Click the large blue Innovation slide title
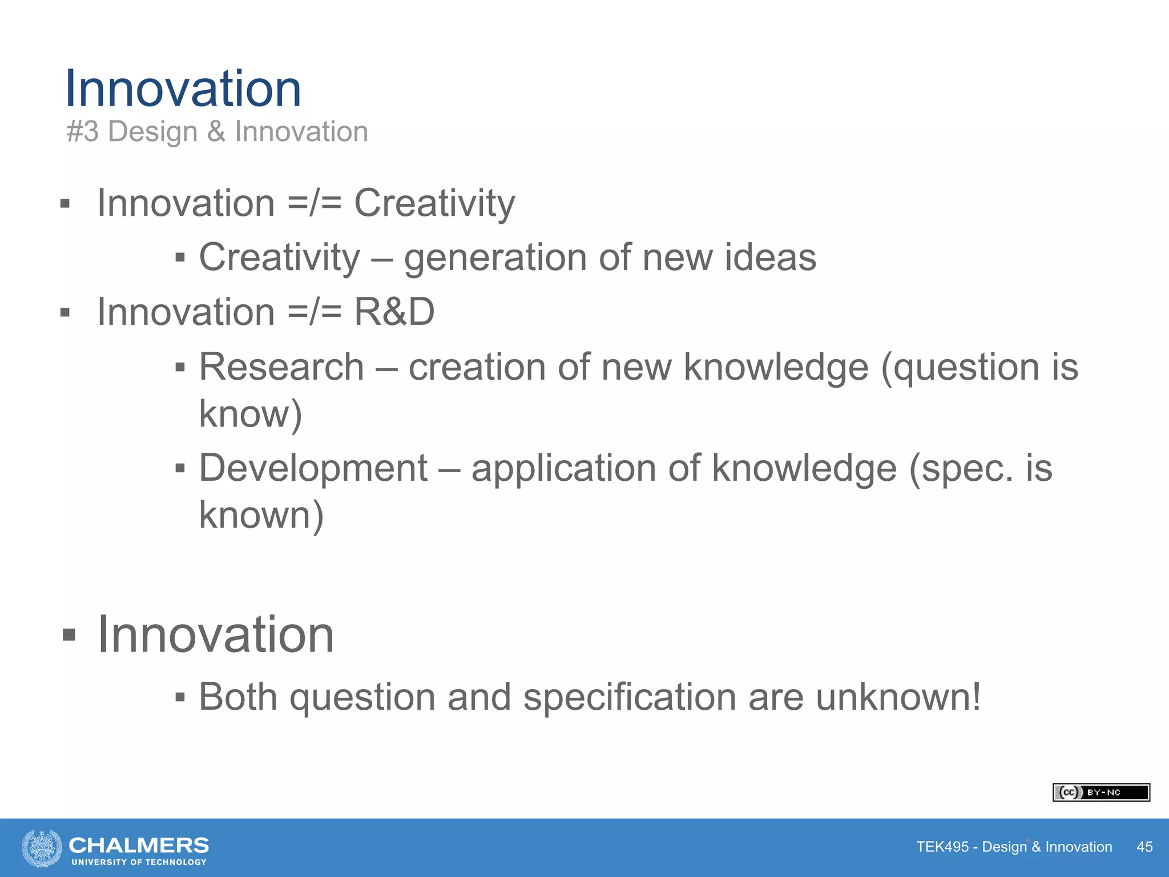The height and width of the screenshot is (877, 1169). click(183, 88)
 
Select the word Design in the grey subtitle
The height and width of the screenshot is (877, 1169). click(152, 132)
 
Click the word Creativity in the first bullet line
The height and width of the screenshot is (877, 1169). click(434, 204)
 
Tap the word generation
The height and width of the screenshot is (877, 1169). click(495, 258)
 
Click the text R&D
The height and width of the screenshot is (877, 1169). click(394, 312)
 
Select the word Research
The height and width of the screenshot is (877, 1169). click(281, 367)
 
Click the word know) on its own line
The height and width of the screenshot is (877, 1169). click(250, 414)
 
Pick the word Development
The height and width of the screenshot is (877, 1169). click(313, 468)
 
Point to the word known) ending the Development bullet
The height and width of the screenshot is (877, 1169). click(261, 515)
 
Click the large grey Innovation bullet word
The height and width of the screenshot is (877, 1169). click(216, 635)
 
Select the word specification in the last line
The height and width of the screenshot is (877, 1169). click(630, 698)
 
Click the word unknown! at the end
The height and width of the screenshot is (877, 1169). click(898, 697)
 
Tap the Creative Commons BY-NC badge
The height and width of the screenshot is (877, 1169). click(1101, 792)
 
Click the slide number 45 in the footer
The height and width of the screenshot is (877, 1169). click(1144, 847)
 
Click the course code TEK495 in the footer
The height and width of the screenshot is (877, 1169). click(942, 847)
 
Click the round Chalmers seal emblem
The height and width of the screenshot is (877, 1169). click(42, 848)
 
